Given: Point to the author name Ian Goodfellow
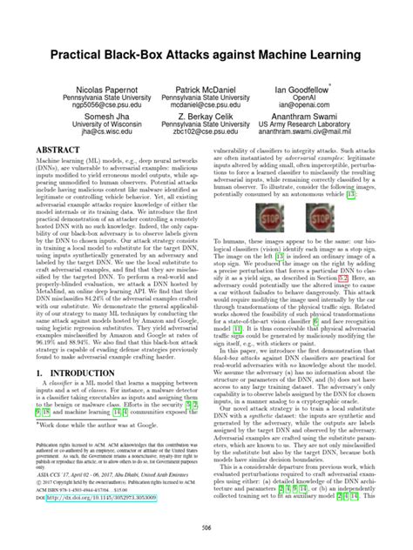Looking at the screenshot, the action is pyautogui.click(x=324, y=90).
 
